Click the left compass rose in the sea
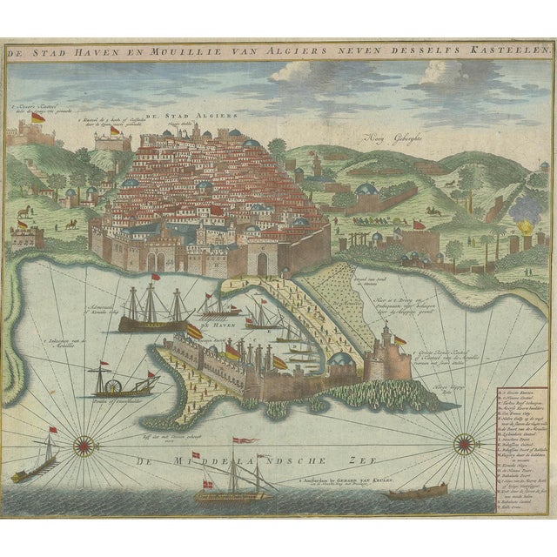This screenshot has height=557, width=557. click(x=84, y=446)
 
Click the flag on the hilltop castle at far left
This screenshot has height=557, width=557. click(x=37, y=117)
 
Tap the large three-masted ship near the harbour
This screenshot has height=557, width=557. click(x=155, y=311)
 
